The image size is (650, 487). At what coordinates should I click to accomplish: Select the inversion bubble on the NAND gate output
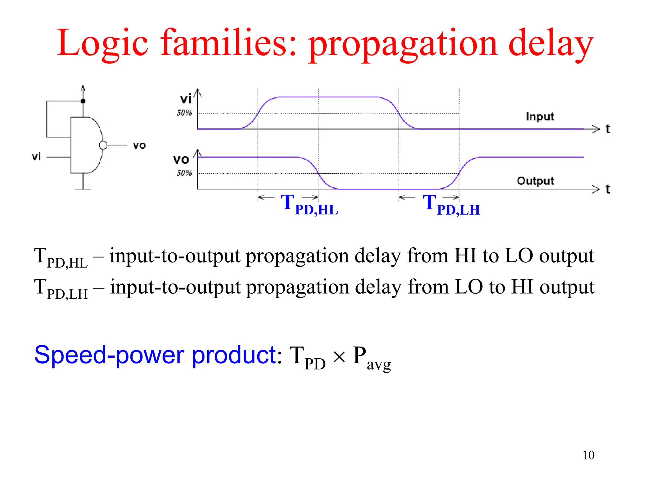(103, 145)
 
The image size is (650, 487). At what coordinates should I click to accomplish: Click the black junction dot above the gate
(83, 101)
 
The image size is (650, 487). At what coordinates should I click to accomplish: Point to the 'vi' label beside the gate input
(36, 157)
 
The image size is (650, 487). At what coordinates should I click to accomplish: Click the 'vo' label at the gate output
(139, 146)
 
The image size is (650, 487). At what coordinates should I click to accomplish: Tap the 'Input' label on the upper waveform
(540, 117)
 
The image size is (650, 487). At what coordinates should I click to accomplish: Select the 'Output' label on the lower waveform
(535, 181)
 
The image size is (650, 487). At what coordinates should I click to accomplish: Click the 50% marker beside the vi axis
(184, 113)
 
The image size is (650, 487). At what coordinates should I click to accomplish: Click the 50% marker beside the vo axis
(184, 173)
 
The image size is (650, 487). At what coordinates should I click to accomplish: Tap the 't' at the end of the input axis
(607, 129)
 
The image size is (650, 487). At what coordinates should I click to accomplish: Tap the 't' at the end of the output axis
(607, 189)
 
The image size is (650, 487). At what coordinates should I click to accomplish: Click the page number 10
(588, 455)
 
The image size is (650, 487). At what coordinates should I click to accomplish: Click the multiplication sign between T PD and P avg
(339, 358)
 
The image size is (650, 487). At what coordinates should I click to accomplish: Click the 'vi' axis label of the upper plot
(186, 99)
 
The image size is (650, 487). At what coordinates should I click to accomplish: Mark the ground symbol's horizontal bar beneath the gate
(83, 189)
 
